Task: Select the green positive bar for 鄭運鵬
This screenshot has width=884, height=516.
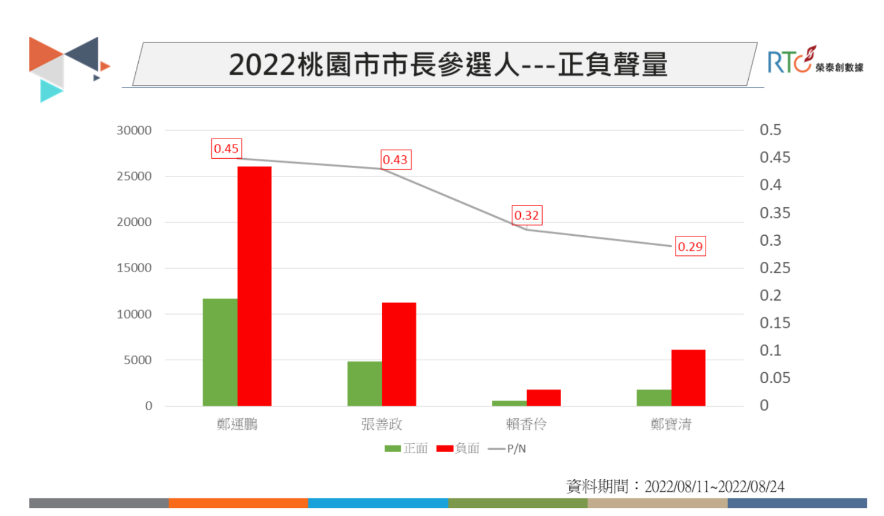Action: pos(220,352)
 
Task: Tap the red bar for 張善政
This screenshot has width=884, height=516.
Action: pos(399,354)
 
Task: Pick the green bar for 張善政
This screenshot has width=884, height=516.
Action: pos(364,383)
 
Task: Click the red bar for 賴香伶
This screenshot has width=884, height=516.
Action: pos(543,397)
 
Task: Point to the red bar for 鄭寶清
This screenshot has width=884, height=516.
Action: pos(688,377)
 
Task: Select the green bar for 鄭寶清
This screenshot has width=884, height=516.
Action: pos(653,397)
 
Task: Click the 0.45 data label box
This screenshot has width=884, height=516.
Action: pos(226,148)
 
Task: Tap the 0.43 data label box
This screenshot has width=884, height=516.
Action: pos(396,159)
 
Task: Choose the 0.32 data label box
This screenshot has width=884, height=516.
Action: pos(527,215)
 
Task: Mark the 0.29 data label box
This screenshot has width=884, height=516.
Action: pos(690,246)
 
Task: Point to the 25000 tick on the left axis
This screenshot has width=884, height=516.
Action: pos(134,176)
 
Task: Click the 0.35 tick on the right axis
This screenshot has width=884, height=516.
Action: pos(775,213)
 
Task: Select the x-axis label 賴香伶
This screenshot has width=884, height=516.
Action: pos(526,424)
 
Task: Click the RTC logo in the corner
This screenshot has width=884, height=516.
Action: pos(814,60)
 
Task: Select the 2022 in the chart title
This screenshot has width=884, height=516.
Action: pos(262,64)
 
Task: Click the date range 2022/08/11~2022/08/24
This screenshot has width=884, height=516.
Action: pos(714,487)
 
